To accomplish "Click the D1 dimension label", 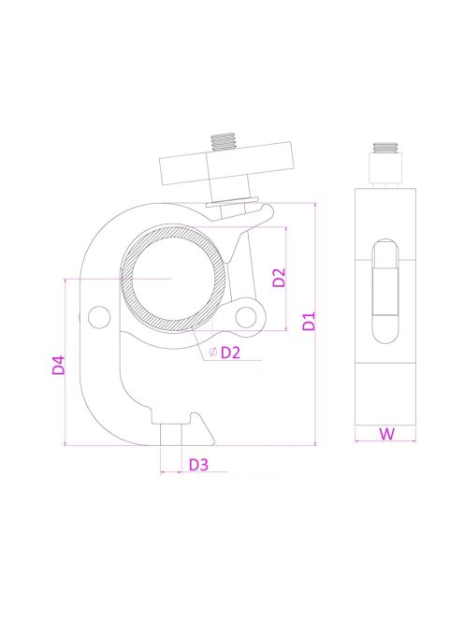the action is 309,321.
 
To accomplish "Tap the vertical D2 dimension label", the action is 280,278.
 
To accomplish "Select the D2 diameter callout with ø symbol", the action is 225,352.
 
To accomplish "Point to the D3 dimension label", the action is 198,465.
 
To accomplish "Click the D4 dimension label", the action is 59,365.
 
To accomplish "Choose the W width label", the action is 386,434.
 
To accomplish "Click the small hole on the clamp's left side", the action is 99,317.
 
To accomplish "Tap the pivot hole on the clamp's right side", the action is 246,317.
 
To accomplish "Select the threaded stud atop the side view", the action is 385,148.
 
